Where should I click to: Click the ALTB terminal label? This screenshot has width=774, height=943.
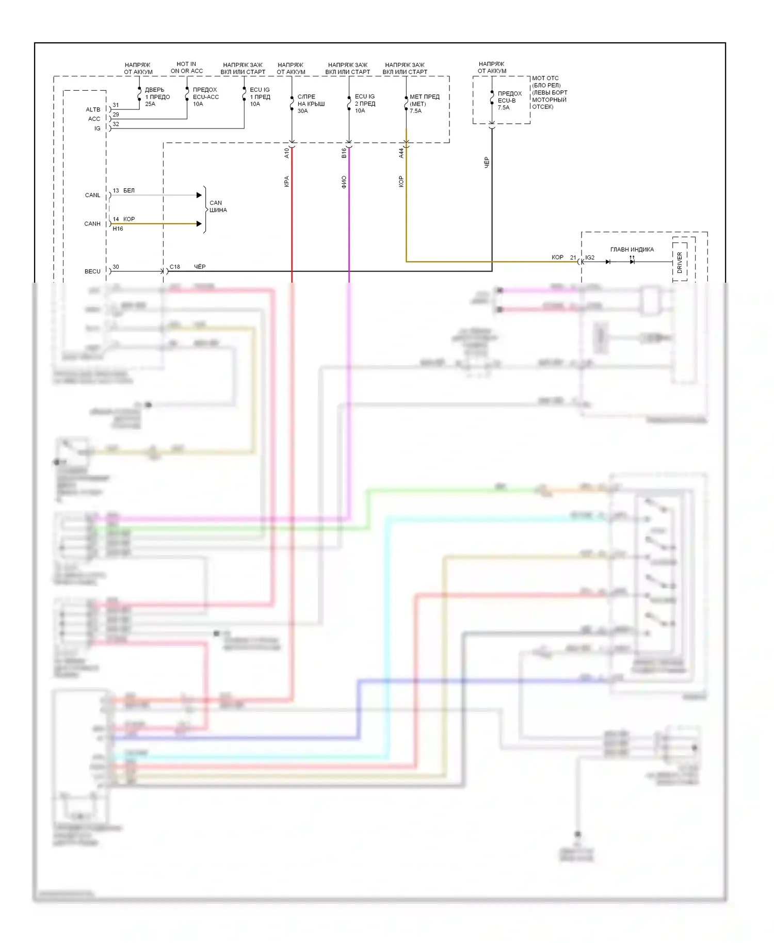pyautogui.click(x=93, y=109)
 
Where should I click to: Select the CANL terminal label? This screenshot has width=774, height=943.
pyautogui.click(x=92, y=195)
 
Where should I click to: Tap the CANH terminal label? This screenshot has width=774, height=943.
pyautogui.click(x=92, y=223)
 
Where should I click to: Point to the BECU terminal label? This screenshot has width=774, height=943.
pyautogui.click(x=92, y=271)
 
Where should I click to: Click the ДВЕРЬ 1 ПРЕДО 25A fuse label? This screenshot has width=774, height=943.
pyautogui.click(x=157, y=97)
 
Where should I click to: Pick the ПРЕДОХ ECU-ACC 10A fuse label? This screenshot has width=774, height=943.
pyautogui.click(x=205, y=97)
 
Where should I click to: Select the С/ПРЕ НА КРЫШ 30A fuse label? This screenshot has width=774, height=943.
pyautogui.click(x=311, y=104)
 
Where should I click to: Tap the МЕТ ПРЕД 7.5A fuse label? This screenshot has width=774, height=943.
pyautogui.click(x=424, y=104)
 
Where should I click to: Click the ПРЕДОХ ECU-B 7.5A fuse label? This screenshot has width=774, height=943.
pyautogui.click(x=509, y=101)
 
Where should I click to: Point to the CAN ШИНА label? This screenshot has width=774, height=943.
pyautogui.click(x=218, y=206)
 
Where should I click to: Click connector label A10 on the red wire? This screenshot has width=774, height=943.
pyautogui.click(x=287, y=153)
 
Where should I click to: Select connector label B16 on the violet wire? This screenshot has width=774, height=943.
pyautogui.click(x=344, y=153)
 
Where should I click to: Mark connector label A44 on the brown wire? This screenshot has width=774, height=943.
pyautogui.click(x=401, y=153)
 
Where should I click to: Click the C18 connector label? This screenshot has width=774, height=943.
pyautogui.click(x=175, y=267)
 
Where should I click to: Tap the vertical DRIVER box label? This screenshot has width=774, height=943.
pyautogui.click(x=680, y=262)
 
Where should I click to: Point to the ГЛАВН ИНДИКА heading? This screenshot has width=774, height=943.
pyautogui.click(x=632, y=250)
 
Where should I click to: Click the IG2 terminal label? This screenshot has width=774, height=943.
pyautogui.click(x=590, y=257)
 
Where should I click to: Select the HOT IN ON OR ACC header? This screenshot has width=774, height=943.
pyautogui.click(x=186, y=68)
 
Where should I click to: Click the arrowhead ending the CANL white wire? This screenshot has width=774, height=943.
pyautogui.click(x=199, y=195)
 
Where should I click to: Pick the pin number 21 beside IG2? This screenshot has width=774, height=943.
pyautogui.click(x=573, y=257)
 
